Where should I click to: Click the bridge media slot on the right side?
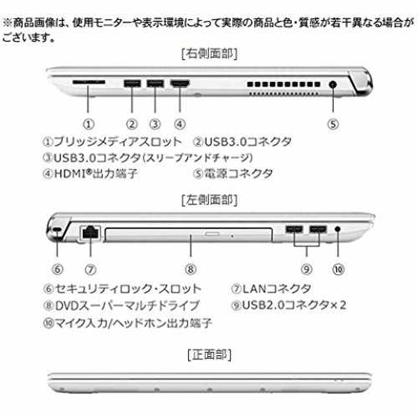click(89, 82)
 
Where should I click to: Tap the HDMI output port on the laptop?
click(180, 83)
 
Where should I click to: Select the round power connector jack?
click(333, 84)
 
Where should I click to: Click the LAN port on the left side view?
click(90, 232)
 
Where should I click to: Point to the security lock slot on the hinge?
click(57, 229)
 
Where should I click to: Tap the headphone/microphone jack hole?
click(338, 229)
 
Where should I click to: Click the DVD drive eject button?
click(212, 233)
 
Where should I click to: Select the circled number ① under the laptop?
click(89, 124)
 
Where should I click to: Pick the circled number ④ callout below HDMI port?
click(180, 124)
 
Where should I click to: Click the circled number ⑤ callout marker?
click(333, 124)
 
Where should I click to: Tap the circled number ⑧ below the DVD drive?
click(191, 269)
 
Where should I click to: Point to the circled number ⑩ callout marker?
click(338, 269)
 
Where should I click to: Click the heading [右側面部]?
click(209, 54)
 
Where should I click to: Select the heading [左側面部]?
click(209, 200)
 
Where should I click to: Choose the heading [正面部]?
click(209, 354)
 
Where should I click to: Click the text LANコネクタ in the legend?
click(277, 288)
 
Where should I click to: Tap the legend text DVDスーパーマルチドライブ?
click(127, 306)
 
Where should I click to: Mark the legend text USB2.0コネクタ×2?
click(294, 305)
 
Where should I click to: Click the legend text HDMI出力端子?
click(95, 174)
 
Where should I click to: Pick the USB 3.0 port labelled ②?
click(132, 84)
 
